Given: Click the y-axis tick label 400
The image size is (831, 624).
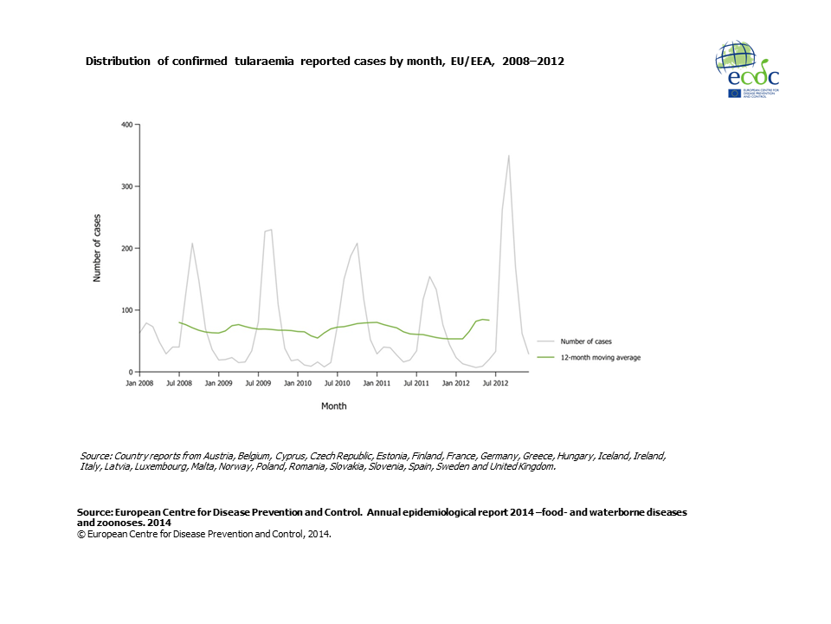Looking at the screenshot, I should [x=126, y=125].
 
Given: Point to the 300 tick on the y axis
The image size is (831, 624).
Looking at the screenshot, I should [x=126, y=186].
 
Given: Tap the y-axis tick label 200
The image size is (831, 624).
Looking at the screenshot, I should [x=126, y=249].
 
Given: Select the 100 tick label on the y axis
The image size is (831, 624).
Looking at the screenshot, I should [x=126, y=310].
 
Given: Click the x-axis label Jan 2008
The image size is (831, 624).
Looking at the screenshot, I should [x=139, y=382].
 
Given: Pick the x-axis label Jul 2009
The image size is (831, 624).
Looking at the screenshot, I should [x=257, y=382].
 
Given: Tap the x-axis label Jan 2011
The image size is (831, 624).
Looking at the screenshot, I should [x=377, y=382].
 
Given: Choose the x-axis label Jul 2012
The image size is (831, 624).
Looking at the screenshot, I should [x=494, y=382].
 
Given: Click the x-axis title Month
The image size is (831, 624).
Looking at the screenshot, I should [x=334, y=406].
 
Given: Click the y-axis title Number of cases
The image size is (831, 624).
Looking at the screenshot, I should [x=97, y=248].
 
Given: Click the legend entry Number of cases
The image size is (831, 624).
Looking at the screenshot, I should [x=586, y=341].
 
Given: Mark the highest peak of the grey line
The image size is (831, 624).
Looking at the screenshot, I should [x=508, y=156].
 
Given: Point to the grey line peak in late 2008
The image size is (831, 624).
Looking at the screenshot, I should [x=192, y=244].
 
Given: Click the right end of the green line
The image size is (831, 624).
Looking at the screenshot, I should [x=489, y=321].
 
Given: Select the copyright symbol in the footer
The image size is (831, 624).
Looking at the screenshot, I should [x=81, y=534].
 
